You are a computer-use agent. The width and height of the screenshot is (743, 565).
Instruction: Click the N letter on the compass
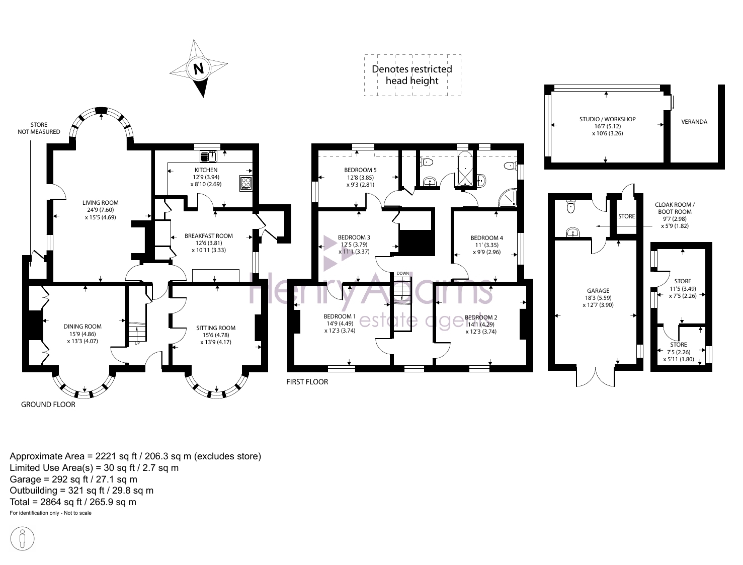[x=199, y=69]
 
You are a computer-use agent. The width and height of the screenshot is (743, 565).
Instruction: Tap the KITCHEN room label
[x=206, y=170]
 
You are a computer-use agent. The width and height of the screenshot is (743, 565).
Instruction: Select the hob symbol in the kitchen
[x=245, y=183]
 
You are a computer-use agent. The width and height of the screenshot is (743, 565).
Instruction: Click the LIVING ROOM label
[x=101, y=203]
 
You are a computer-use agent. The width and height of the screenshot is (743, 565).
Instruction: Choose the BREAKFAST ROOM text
[x=209, y=236]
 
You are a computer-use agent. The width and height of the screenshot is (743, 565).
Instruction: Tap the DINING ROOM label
[x=82, y=327]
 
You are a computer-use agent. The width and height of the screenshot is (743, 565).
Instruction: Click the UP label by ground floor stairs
[x=137, y=343]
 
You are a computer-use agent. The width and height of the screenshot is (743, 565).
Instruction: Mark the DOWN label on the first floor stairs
[x=403, y=273]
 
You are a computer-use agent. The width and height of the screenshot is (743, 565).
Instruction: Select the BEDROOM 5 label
[x=360, y=170]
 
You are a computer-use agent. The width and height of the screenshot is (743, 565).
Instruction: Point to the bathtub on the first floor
[x=466, y=169]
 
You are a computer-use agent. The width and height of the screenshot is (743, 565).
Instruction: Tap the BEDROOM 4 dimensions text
[x=487, y=249]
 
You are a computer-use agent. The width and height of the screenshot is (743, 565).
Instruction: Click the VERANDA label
[x=694, y=122]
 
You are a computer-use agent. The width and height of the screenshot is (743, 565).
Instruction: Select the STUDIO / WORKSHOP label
[x=608, y=119]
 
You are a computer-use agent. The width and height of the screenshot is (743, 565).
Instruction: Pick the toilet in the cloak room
[x=571, y=206]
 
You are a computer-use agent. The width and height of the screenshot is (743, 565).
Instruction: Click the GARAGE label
[x=598, y=291]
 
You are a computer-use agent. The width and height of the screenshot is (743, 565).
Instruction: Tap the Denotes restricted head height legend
[x=412, y=75]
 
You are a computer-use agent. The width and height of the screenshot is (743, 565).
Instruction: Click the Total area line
[x=73, y=502]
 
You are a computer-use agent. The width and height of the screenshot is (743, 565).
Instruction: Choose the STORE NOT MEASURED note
[x=39, y=128]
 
